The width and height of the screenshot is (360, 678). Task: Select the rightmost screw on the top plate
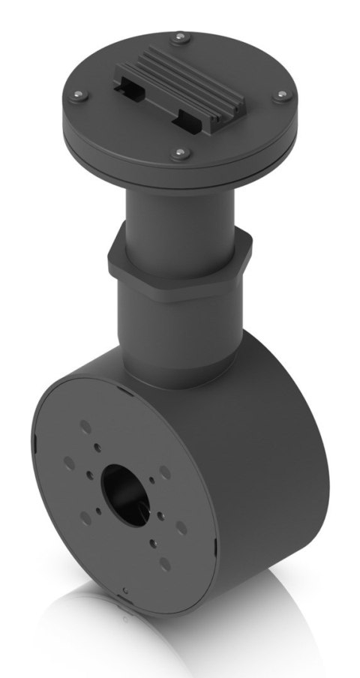pos(283,95)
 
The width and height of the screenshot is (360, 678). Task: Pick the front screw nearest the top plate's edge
pos(178,154)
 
